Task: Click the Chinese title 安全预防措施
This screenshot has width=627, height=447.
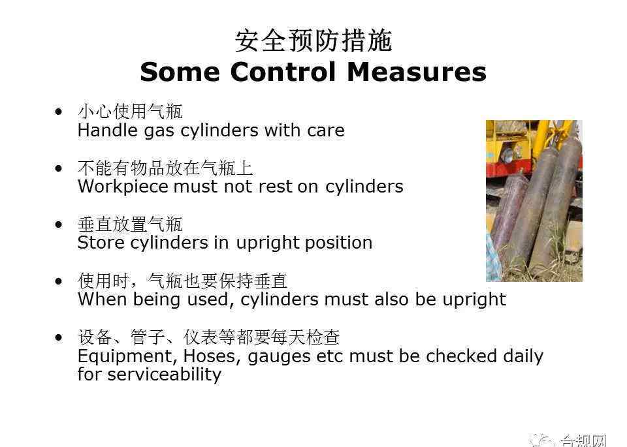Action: tap(313, 40)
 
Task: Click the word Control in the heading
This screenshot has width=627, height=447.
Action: tap(283, 72)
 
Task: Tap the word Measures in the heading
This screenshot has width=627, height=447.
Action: tap(417, 72)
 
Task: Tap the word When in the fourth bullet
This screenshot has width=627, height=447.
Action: tap(103, 300)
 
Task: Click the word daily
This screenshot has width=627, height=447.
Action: tap(523, 356)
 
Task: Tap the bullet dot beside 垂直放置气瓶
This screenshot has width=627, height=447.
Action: tap(59, 224)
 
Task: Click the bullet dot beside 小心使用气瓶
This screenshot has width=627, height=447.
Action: tap(59, 112)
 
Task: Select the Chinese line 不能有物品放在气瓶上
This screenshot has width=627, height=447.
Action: tap(165, 168)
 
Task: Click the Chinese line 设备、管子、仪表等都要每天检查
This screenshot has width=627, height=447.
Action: tap(209, 337)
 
